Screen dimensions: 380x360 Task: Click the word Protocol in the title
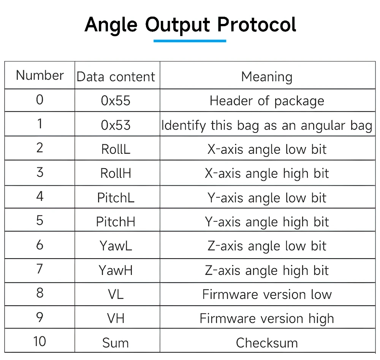pyautogui.click(x=256, y=25)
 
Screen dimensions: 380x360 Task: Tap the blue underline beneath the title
pyautogui.click(x=190, y=41)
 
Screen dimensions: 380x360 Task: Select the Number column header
pyautogui.click(x=40, y=75)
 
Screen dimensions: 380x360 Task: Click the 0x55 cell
pyautogui.click(x=116, y=101)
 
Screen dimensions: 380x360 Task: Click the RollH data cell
pyautogui.click(x=116, y=173)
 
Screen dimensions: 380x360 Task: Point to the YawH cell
pyautogui.click(x=116, y=270)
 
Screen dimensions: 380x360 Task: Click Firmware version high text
pyautogui.click(x=267, y=319)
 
